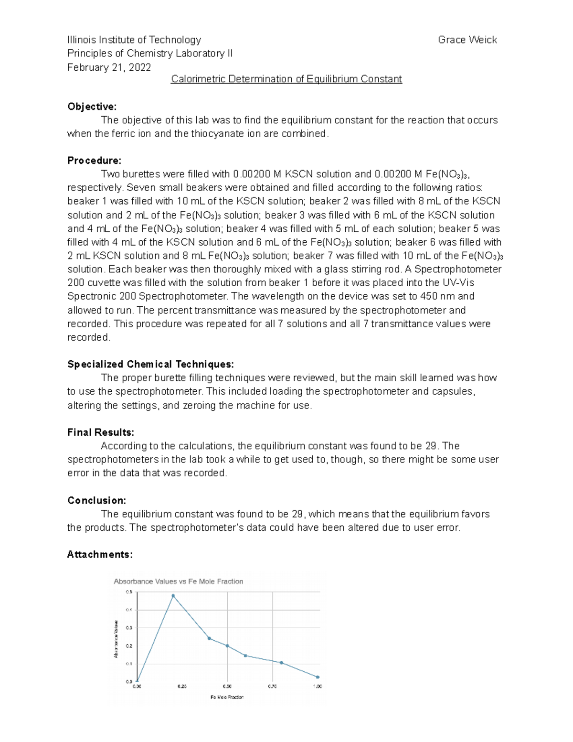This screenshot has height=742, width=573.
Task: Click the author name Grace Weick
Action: click(x=467, y=40)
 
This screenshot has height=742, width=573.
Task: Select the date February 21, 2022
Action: click(x=109, y=67)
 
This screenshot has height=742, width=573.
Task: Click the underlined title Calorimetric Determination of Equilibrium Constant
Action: click(x=286, y=79)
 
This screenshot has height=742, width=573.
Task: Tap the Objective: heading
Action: click(x=92, y=107)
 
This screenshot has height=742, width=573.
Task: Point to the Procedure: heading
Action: click(x=94, y=161)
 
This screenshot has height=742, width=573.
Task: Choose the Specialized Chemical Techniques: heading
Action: click(x=150, y=365)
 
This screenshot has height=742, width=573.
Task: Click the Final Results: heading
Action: click(x=101, y=432)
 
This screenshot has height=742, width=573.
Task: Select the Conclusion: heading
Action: click(x=96, y=501)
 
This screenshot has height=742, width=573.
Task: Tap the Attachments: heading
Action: click(x=100, y=555)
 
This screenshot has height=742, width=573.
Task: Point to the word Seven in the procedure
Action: click(x=140, y=188)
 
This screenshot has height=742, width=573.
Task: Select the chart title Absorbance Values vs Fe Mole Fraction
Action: click(x=178, y=581)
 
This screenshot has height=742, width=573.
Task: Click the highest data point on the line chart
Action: click(x=173, y=596)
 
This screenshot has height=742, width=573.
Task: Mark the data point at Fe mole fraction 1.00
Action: click(x=318, y=677)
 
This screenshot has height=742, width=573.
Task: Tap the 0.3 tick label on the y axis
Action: click(x=129, y=628)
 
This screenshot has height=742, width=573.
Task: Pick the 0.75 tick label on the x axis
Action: click(x=272, y=687)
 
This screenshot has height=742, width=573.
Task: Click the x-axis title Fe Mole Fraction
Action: click(x=227, y=697)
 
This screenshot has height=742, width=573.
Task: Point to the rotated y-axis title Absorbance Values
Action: click(x=116, y=639)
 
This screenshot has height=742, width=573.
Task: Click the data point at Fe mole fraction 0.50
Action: click(x=227, y=646)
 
